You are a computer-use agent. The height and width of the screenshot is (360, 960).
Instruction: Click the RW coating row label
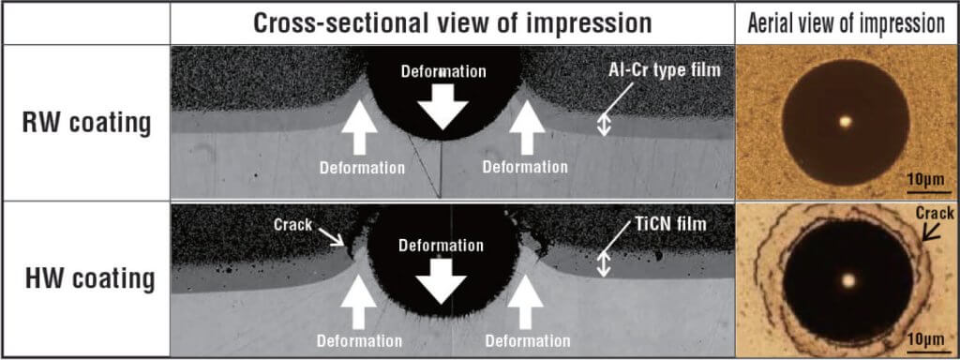click(86, 124)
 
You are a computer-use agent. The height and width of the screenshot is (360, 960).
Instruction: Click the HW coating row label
click(90, 279)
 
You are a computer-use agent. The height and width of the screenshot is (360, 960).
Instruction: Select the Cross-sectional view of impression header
click(453, 22)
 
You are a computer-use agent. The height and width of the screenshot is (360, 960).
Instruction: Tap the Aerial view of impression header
click(847, 23)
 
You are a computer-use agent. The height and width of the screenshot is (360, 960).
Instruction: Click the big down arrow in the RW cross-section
click(442, 107)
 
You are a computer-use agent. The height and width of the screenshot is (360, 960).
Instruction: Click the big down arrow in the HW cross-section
click(441, 280)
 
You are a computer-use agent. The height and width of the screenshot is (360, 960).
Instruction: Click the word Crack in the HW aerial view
click(935, 213)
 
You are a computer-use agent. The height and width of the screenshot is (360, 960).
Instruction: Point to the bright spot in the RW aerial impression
click(846, 121)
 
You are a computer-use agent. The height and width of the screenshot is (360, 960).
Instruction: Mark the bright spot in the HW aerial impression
click(847, 280)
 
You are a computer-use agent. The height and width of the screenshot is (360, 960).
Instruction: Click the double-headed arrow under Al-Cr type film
click(605, 126)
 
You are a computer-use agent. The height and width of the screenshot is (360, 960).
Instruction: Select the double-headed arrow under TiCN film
click(605, 266)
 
